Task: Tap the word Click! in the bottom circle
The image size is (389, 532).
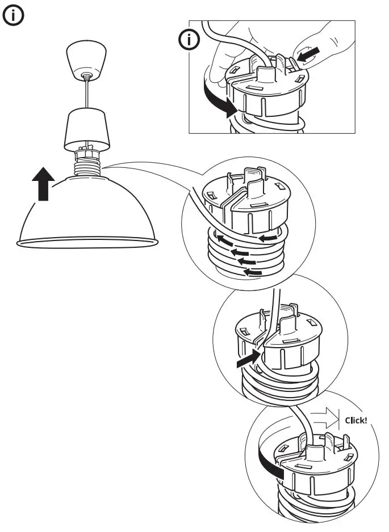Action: [356, 421]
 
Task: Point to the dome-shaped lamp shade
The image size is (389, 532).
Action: [87, 210]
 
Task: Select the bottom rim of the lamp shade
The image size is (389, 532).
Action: [87, 243]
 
